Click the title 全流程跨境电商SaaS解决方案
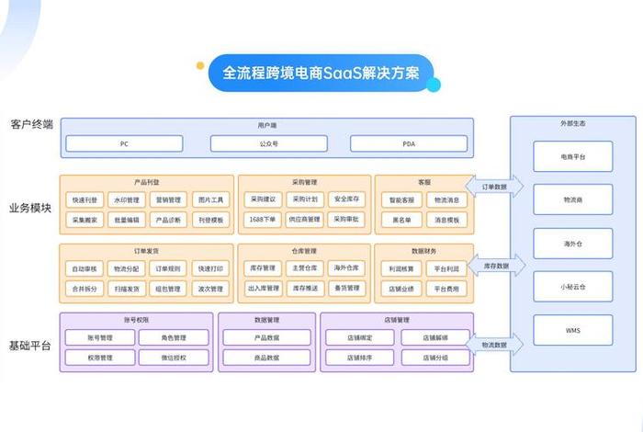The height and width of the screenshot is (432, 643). pyautogui.click(x=321, y=73)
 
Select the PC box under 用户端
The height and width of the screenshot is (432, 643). pyautogui.click(x=124, y=143)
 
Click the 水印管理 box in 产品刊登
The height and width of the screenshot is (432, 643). pyautogui.click(x=126, y=199)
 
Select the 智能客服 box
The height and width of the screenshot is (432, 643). pyautogui.click(x=401, y=199)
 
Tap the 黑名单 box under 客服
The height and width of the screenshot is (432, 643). pyautogui.click(x=401, y=220)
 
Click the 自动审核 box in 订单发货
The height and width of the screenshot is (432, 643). pyautogui.click(x=84, y=268)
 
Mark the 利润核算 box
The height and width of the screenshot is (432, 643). pyautogui.click(x=401, y=268)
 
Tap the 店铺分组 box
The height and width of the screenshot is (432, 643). pyautogui.click(x=434, y=358)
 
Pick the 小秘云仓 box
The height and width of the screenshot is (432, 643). pyautogui.click(x=573, y=285)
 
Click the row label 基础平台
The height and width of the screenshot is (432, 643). pyautogui.click(x=31, y=346)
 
